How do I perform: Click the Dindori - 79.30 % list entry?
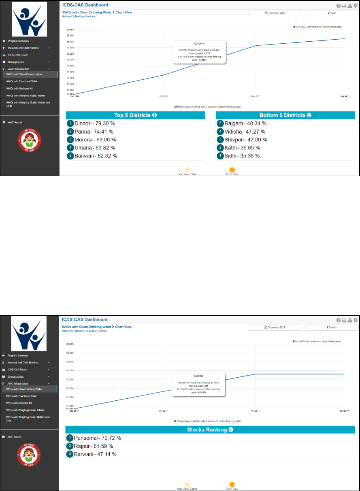coord(94,123)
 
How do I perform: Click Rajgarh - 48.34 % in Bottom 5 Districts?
coord(245,123)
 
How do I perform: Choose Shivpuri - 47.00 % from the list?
coord(245,140)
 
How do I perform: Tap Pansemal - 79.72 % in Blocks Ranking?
coord(98,438)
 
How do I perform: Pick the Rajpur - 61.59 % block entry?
coord(94,446)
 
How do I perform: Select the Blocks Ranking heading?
coord(210,429)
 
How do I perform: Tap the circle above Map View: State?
coord(187,170)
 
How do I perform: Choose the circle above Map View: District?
coord(187,485)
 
